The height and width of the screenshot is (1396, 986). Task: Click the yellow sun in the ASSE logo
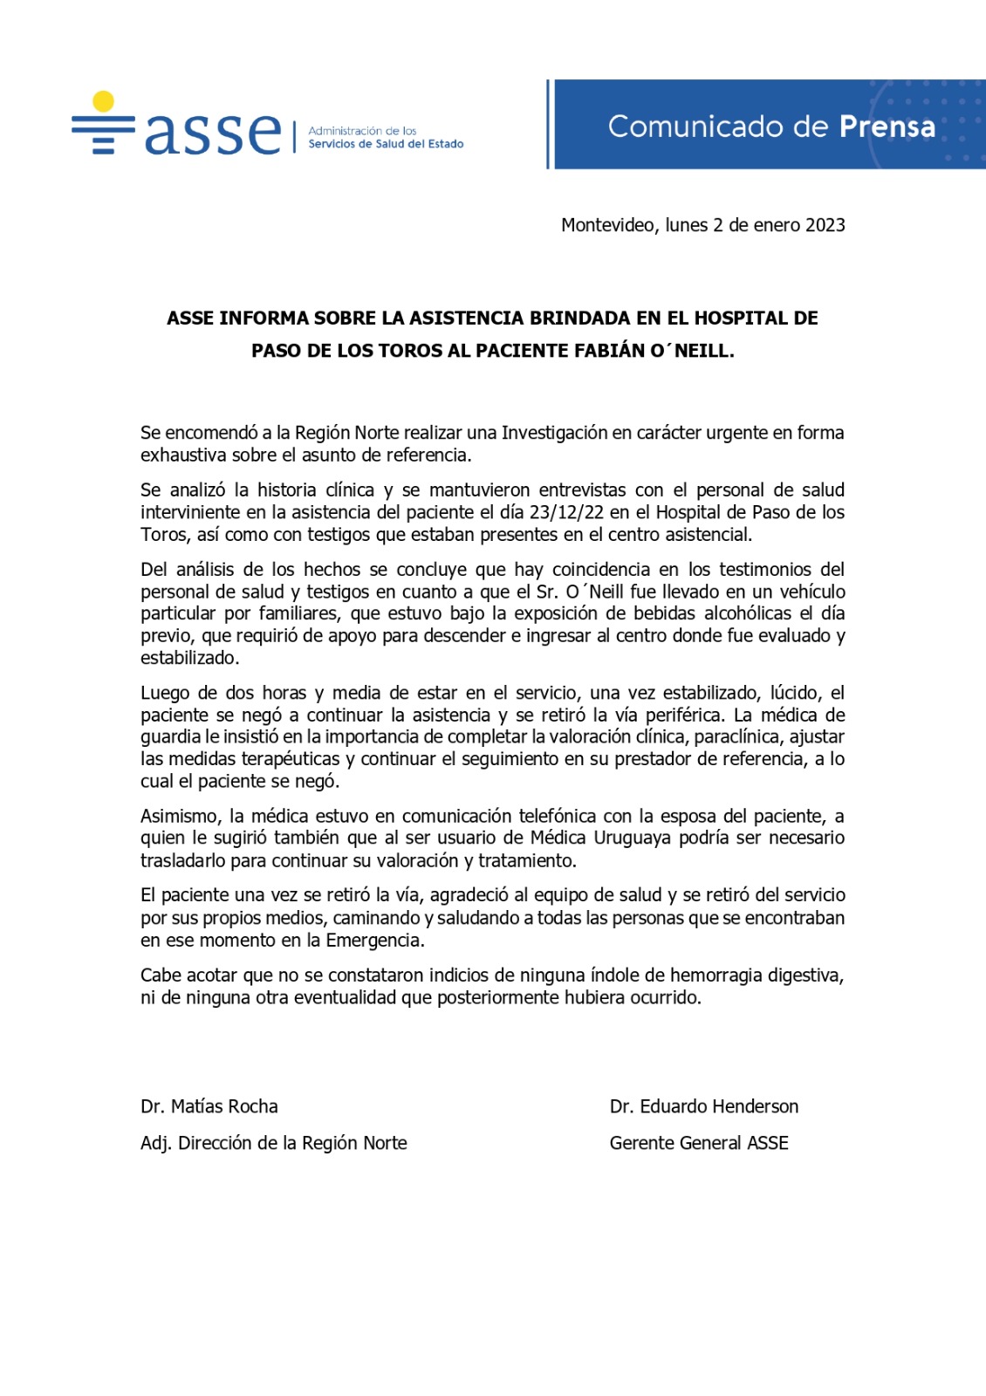click(103, 101)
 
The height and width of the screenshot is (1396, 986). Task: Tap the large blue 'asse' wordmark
click(213, 133)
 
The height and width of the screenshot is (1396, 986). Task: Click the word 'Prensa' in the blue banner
click(887, 127)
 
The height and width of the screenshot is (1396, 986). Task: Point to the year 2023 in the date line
click(825, 225)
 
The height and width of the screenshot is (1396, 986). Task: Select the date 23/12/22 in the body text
click(566, 512)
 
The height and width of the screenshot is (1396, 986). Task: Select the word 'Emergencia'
click(374, 941)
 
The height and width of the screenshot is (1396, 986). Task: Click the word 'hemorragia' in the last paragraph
click(717, 975)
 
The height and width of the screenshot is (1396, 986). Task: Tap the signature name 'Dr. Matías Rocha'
click(209, 1106)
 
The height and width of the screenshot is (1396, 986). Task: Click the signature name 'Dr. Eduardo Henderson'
click(704, 1106)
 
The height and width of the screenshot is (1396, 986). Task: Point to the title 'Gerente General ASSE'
click(699, 1143)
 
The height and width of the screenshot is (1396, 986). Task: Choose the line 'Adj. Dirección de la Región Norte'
click(274, 1143)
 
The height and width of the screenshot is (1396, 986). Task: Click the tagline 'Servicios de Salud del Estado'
click(386, 144)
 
